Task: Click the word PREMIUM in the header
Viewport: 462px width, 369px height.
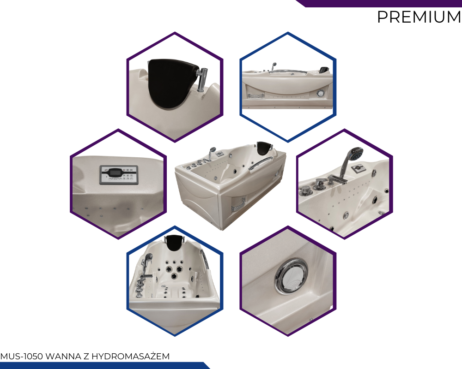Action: [419, 17]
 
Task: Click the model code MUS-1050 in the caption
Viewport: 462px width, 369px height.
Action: [22, 357]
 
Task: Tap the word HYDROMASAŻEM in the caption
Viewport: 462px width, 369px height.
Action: [131, 357]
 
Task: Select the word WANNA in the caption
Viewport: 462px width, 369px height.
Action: [63, 357]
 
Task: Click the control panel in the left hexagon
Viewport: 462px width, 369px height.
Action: [119, 175]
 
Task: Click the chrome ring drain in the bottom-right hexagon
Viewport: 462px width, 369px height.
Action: [291, 276]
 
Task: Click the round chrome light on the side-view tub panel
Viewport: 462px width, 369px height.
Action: [320, 94]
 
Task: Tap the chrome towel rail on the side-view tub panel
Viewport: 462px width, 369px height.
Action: [256, 96]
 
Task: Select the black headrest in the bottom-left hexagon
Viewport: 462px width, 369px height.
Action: [175, 243]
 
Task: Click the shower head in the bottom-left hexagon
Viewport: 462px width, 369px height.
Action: [148, 258]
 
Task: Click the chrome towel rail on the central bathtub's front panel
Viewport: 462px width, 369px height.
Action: [238, 205]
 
